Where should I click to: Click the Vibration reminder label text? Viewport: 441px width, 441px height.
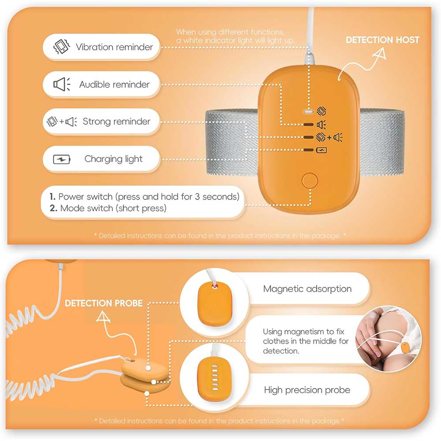point(114,47)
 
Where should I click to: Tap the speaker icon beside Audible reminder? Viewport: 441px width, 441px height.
point(62,84)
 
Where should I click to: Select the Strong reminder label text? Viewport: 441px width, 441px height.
point(116,122)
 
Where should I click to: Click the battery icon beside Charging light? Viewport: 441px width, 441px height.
point(62,160)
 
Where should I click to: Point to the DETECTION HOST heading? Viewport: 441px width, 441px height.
point(382,40)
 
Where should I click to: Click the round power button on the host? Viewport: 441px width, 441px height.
point(310,180)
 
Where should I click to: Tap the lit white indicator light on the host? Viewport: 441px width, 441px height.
point(308,112)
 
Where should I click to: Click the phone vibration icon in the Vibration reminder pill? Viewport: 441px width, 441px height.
point(62,47)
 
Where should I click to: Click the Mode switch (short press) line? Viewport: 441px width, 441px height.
point(108,208)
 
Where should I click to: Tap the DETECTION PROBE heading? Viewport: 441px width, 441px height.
point(104,303)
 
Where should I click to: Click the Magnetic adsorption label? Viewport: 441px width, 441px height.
point(307,289)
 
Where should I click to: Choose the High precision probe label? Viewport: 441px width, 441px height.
point(307,390)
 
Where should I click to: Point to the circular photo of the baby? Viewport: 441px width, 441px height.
point(388,339)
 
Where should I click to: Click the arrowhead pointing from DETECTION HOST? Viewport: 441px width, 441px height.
point(380,53)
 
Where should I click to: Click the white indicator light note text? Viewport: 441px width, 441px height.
point(235,36)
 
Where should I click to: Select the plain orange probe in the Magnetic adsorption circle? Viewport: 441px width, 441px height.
point(215,305)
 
